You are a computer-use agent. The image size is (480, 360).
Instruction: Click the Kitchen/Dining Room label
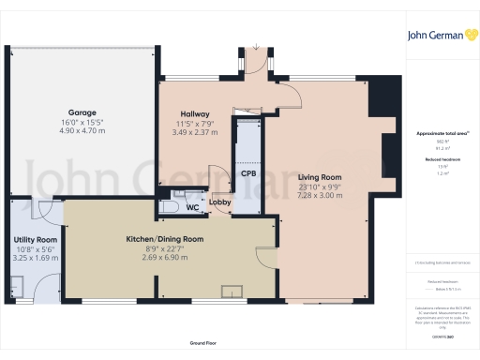point(165,240)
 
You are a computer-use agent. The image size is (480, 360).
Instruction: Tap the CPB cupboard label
point(248,174)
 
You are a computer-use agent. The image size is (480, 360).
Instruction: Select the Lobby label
point(220,202)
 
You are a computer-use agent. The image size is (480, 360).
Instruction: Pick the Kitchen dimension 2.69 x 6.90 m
point(165,258)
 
